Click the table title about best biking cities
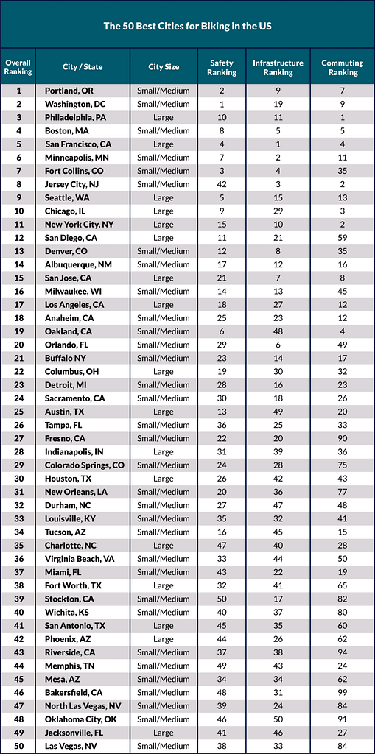point(187,27)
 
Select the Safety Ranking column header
point(222,67)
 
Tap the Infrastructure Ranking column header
point(278,67)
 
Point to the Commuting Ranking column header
point(343,67)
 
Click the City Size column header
point(164,67)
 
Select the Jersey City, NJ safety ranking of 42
point(222,184)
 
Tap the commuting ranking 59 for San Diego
point(343,238)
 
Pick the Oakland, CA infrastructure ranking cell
point(278,331)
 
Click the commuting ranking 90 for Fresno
point(343,438)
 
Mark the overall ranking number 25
point(18,412)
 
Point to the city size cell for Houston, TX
point(164,479)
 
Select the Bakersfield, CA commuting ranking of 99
point(343,692)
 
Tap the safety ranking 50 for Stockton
point(222,599)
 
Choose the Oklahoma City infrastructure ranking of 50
point(278,719)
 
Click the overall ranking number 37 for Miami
point(18,572)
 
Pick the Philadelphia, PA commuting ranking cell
point(343,117)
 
